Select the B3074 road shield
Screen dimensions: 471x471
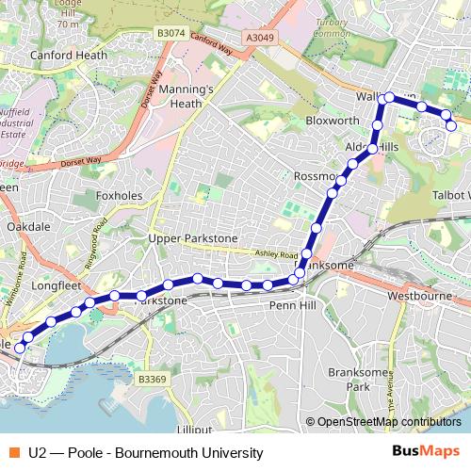(x=171, y=33)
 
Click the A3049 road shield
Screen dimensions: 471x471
(x=263, y=36)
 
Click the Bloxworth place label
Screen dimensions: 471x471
(x=333, y=121)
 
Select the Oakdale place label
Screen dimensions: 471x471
(x=28, y=227)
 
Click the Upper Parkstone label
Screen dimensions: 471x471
(x=193, y=238)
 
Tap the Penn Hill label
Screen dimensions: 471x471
(x=295, y=305)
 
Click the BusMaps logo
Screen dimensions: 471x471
(x=426, y=452)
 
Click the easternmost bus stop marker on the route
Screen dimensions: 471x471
(x=451, y=125)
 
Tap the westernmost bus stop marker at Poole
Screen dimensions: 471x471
(x=20, y=348)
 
